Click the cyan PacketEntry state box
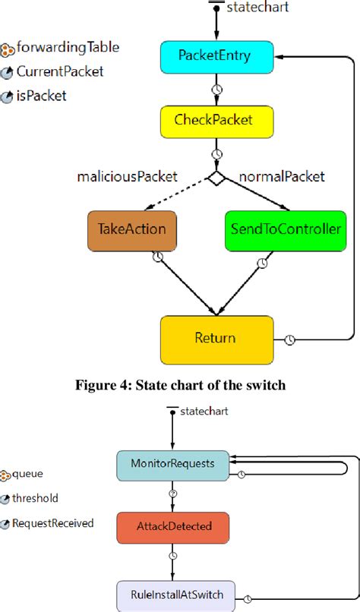[216, 56]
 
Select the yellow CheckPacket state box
[216, 121]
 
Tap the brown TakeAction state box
[131, 229]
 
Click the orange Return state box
[216, 339]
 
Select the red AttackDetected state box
[172, 525]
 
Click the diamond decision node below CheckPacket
[216, 178]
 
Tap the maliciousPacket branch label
[128, 177]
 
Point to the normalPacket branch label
[282, 177]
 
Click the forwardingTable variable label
[68, 48]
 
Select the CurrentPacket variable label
[60, 72]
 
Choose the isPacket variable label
[42, 96]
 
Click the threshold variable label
[36, 498]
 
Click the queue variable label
[27, 474]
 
